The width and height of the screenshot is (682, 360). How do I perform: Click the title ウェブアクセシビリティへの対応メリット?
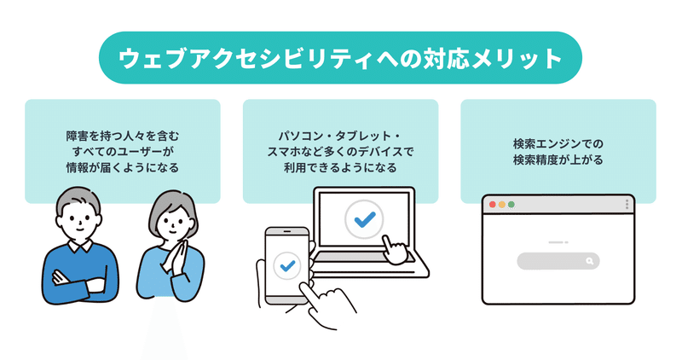click(x=340, y=58)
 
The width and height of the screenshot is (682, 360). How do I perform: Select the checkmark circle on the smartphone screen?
click(x=286, y=264)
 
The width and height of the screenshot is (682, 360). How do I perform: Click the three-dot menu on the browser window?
click(x=627, y=205)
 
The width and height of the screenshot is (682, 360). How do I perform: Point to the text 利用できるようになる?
click(x=340, y=167)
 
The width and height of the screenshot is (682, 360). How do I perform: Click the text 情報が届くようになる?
click(x=123, y=167)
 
